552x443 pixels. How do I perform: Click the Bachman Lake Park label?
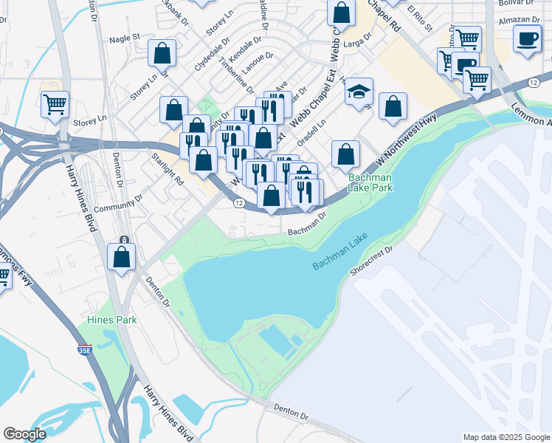(x=370, y=182)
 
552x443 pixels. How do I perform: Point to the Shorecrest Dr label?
(x=374, y=261)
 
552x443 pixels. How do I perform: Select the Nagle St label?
(x=125, y=37)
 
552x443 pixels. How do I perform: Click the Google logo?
(x=24, y=434)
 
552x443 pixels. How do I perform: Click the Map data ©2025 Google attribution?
(x=506, y=437)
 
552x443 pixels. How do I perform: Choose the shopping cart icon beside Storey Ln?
(x=55, y=105)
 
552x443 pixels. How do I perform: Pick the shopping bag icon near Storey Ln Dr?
(x=162, y=54)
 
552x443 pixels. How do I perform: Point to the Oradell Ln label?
(x=311, y=134)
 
